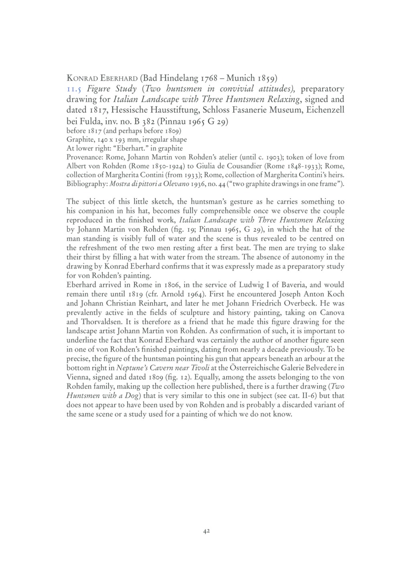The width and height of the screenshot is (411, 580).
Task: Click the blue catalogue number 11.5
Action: click(x=74, y=89)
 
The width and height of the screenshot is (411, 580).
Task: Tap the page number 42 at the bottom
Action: click(x=205, y=531)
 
